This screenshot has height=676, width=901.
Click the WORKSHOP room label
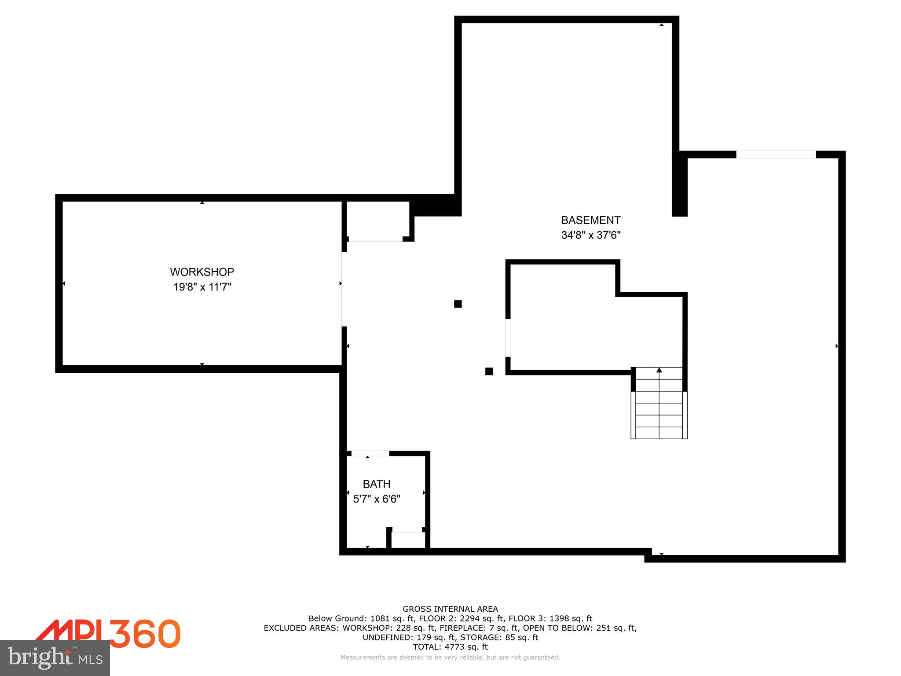click(202, 272)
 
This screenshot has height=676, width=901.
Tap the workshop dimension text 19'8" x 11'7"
click(202, 287)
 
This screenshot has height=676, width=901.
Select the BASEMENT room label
click(590, 220)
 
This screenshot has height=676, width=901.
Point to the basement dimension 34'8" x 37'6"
click(590, 235)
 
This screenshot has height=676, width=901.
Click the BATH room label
click(377, 484)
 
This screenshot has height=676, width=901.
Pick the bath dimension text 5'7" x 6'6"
click(377, 499)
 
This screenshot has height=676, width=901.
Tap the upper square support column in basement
click(458, 304)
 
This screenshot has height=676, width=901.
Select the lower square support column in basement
click(489, 371)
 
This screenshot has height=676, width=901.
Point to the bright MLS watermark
click(55, 658)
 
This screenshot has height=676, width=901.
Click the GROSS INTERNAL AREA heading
click(450, 609)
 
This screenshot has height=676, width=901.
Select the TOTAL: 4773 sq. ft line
click(450, 647)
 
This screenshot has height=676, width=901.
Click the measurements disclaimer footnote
click(450, 658)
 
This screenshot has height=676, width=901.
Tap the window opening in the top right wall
click(776, 154)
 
